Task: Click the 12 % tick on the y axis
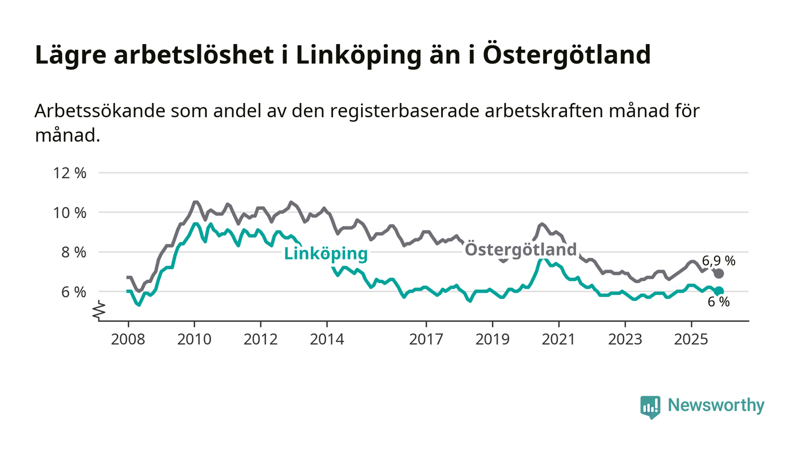(x=70, y=173)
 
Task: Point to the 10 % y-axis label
(x=70, y=213)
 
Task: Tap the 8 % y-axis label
(x=73, y=252)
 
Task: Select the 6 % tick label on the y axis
(x=73, y=292)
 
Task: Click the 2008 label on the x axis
(x=128, y=340)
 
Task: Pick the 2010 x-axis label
(x=194, y=340)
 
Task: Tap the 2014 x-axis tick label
(x=327, y=340)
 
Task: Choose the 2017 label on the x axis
(x=426, y=340)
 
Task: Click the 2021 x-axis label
(x=558, y=340)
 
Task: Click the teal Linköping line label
(x=326, y=254)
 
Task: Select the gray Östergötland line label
(x=520, y=250)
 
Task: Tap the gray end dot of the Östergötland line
(x=719, y=274)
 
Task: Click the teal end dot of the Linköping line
(x=719, y=291)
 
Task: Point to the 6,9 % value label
(x=719, y=261)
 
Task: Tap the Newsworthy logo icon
(x=650, y=407)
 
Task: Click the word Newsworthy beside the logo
(x=716, y=406)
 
